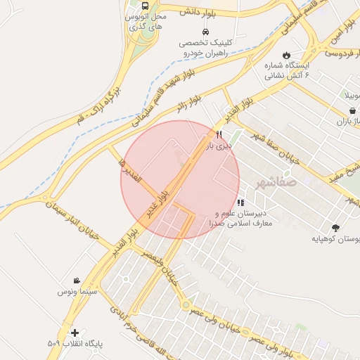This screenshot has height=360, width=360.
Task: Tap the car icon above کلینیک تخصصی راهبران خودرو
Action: pos(205,32)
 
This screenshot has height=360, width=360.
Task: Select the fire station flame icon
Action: pos(286,55)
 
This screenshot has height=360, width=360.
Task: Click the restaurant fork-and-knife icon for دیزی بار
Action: pos(219,134)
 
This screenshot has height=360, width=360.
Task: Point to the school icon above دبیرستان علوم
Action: pos(241,202)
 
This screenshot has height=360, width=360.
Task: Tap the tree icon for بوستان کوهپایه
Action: pos(335,227)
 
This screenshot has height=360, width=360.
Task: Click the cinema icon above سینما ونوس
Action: pos(76,280)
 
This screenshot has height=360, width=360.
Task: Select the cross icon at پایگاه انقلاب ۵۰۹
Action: pos(75,333)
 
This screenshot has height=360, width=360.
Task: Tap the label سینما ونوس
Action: pos(76,290)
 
